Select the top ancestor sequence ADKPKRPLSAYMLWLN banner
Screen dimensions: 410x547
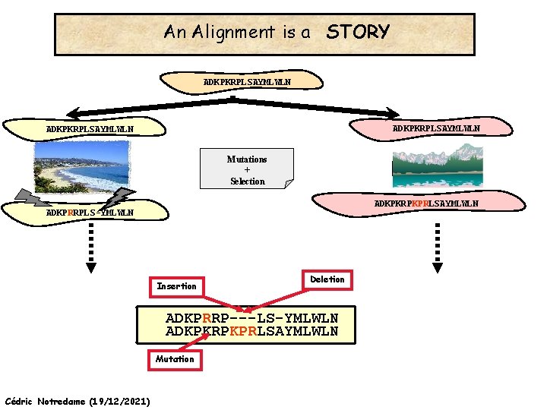(248, 81)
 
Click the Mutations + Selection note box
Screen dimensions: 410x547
(247, 170)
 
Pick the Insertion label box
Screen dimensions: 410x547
(176, 286)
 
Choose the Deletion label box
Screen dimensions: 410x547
(327, 279)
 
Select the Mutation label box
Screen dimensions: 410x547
(175, 359)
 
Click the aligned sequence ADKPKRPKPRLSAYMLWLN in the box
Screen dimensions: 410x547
(251, 332)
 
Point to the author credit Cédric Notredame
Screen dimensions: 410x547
(46, 400)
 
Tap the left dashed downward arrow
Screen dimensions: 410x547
(90, 247)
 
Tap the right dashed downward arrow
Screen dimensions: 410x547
(438, 247)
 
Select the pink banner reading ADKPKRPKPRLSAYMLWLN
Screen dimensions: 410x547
(425, 204)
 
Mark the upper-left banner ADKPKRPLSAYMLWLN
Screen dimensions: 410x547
(90, 129)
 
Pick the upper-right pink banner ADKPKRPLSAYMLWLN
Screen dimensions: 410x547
(435, 128)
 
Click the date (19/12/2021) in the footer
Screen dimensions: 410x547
(119, 400)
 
